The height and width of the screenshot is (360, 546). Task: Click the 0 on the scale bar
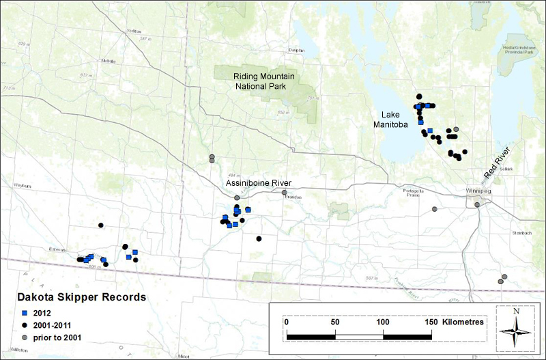(x=287, y=321)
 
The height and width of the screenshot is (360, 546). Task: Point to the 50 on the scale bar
(x=335, y=321)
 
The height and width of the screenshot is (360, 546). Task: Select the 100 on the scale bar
(x=383, y=321)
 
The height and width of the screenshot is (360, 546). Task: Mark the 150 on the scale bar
(x=431, y=321)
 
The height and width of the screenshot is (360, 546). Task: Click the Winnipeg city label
(x=476, y=191)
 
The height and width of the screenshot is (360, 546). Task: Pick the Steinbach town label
(x=521, y=233)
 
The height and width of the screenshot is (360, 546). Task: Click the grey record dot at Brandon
(x=285, y=193)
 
